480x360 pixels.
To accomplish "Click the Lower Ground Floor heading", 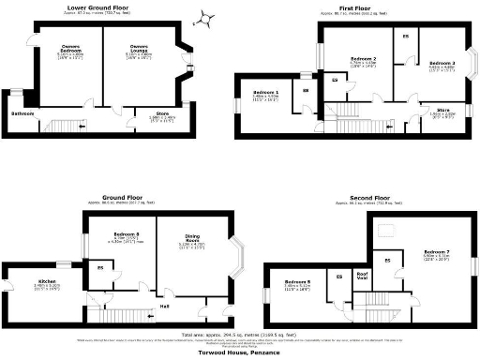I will (x=97, y=8).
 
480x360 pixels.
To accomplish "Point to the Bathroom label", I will (x=23, y=113).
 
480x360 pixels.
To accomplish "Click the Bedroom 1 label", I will (x=266, y=93).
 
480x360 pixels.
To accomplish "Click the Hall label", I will (x=164, y=306).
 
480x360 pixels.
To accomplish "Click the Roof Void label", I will (x=361, y=277).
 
